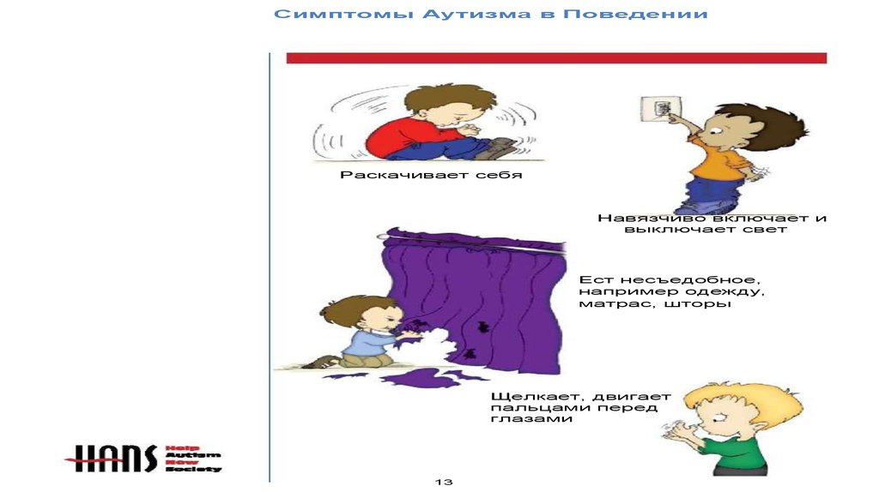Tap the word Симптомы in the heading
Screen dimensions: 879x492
(x=343, y=14)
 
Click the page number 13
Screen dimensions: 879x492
(x=444, y=482)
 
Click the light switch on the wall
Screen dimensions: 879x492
(x=661, y=109)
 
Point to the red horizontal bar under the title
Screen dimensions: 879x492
(x=556, y=57)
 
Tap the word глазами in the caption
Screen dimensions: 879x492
(x=530, y=418)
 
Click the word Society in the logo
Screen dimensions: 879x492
(x=193, y=469)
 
